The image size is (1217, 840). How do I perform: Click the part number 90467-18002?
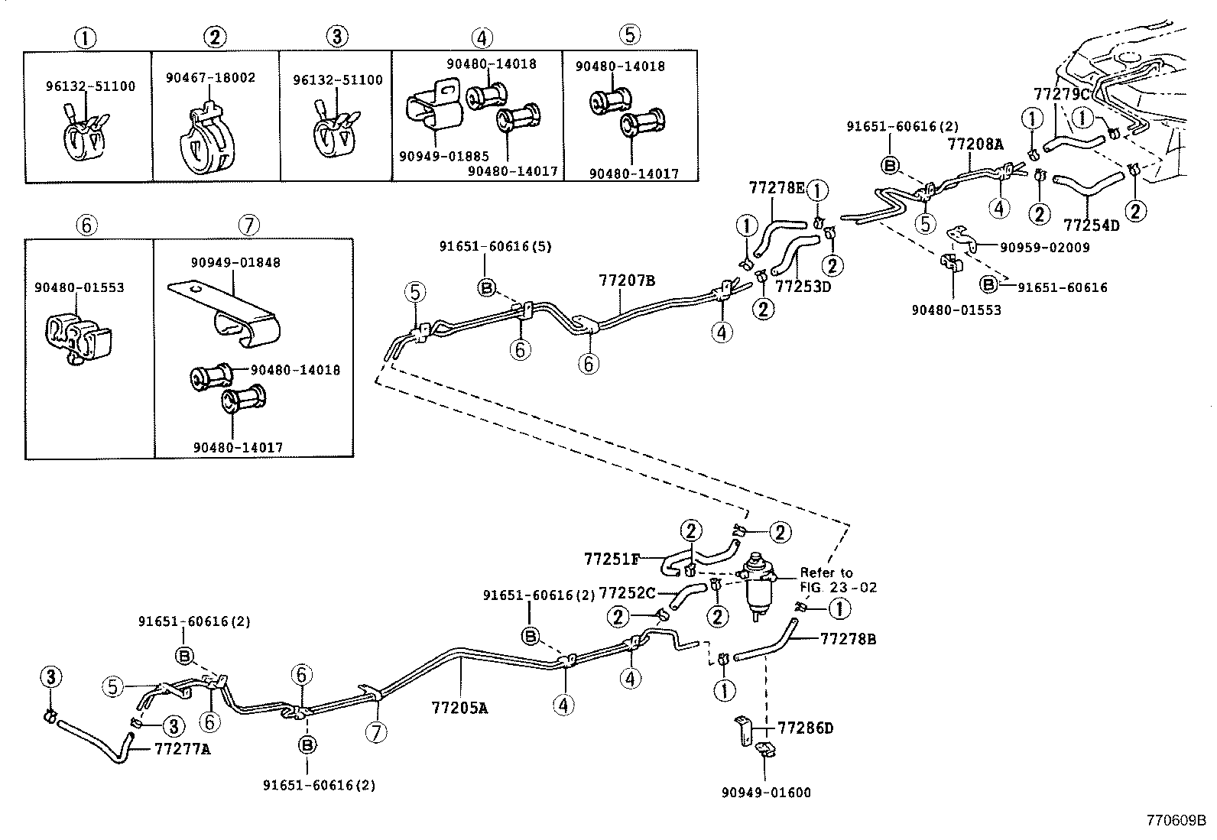click(210, 78)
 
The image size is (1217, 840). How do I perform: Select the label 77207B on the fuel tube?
click(626, 281)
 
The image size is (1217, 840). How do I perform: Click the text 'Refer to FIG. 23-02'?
click(838, 580)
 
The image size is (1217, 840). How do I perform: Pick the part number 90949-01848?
click(235, 262)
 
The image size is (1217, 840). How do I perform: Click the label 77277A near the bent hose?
click(182, 749)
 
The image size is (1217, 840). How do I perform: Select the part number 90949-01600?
click(765, 793)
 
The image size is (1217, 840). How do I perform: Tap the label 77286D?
click(806, 728)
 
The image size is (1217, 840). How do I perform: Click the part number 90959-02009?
click(1045, 247)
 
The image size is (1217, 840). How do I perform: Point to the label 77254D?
click(1091, 225)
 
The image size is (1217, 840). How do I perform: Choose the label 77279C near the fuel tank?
click(1061, 94)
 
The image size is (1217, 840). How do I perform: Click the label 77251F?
click(612, 559)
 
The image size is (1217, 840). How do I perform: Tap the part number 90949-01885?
click(443, 157)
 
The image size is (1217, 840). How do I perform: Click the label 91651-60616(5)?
click(495, 246)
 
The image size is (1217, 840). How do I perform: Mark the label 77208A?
click(975, 143)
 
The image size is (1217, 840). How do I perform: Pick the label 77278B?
click(848, 638)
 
